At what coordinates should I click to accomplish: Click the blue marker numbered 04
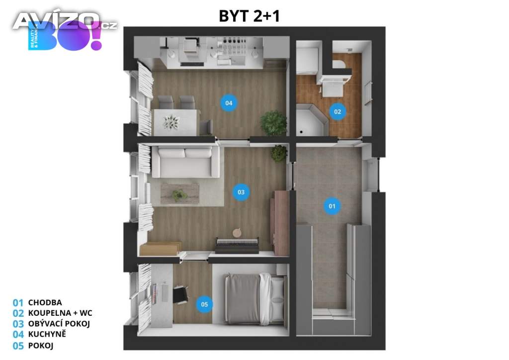[x=228, y=103]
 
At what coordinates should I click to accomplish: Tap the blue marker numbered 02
[x=338, y=112]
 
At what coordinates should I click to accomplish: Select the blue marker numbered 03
[x=241, y=192]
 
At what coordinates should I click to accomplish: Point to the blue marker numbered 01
[x=332, y=205]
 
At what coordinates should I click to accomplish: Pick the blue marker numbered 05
[x=204, y=304]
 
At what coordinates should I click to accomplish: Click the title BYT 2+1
[x=250, y=16]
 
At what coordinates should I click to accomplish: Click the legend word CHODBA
[x=45, y=302]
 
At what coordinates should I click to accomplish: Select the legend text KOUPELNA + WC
[x=60, y=313]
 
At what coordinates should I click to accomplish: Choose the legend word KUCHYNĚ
[x=47, y=334]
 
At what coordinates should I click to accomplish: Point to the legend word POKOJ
[x=41, y=346]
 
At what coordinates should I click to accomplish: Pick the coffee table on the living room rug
[x=179, y=193]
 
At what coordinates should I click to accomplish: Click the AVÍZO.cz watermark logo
[x=65, y=21]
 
